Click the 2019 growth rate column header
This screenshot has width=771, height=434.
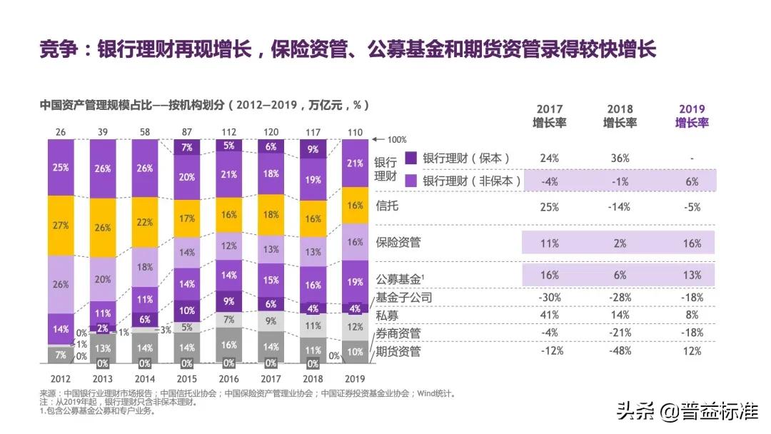click(x=692, y=116)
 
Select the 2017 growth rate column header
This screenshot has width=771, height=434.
click(x=550, y=116)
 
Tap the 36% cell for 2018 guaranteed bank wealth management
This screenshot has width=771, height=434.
click(x=620, y=158)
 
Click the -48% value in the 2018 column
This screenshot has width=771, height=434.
click(x=620, y=351)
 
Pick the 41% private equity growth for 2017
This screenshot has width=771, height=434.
click(x=550, y=315)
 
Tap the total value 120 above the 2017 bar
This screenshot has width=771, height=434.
click(x=271, y=132)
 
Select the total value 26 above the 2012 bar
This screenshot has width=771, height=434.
click(x=61, y=132)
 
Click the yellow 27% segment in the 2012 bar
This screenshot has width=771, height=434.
click(x=61, y=226)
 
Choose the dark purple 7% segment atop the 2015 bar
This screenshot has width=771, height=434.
click(x=187, y=148)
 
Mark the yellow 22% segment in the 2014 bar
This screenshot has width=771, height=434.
click(x=145, y=222)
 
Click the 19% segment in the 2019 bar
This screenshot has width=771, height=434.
click(x=355, y=282)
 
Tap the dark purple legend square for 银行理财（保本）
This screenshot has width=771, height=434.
click(x=410, y=158)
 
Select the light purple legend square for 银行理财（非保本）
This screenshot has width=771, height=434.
click(x=410, y=181)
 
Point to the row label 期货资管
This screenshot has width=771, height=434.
click(x=398, y=351)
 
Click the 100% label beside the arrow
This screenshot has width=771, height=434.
click(x=397, y=140)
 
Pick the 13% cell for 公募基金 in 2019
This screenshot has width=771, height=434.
click(x=692, y=276)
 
